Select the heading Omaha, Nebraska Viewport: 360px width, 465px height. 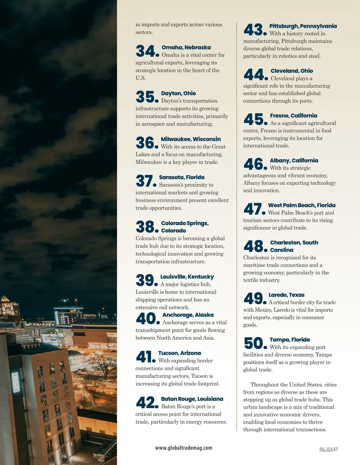point(186,47)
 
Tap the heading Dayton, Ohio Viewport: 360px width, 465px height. point(178,93)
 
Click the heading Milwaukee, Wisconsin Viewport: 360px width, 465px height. point(190,139)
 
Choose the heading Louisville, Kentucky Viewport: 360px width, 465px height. point(187,277)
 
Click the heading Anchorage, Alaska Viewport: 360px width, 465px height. point(188,315)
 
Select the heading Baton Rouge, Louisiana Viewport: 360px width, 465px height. point(192,399)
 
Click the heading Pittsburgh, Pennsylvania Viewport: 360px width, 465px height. point(303,26)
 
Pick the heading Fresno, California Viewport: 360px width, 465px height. point(293,115)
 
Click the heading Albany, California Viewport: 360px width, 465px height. point(294,160)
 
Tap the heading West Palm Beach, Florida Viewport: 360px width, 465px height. point(301,205)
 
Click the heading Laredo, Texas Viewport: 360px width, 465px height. point(286,295)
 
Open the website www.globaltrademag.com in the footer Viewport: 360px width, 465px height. point(184,448)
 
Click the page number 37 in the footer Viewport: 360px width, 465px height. point(335,449)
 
